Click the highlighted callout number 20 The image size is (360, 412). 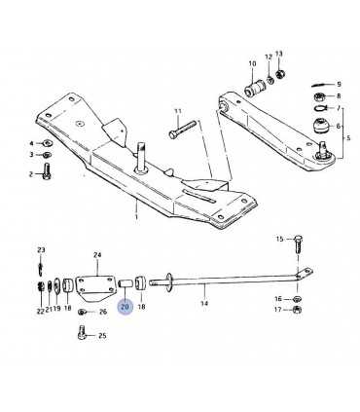(x=125, y=307)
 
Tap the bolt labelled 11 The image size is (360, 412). (x=183, y=130)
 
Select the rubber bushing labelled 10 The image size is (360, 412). (x=255, y=88)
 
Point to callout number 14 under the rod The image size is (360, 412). (x=204, y=304)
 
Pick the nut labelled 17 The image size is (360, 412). (x=297, y=310)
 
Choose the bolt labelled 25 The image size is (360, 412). (x=82, y=332)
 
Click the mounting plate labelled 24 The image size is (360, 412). (x=96, y=288)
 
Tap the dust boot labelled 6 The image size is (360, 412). (x=322, y=126)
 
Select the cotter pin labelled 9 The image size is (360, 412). (x=322, y=85)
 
